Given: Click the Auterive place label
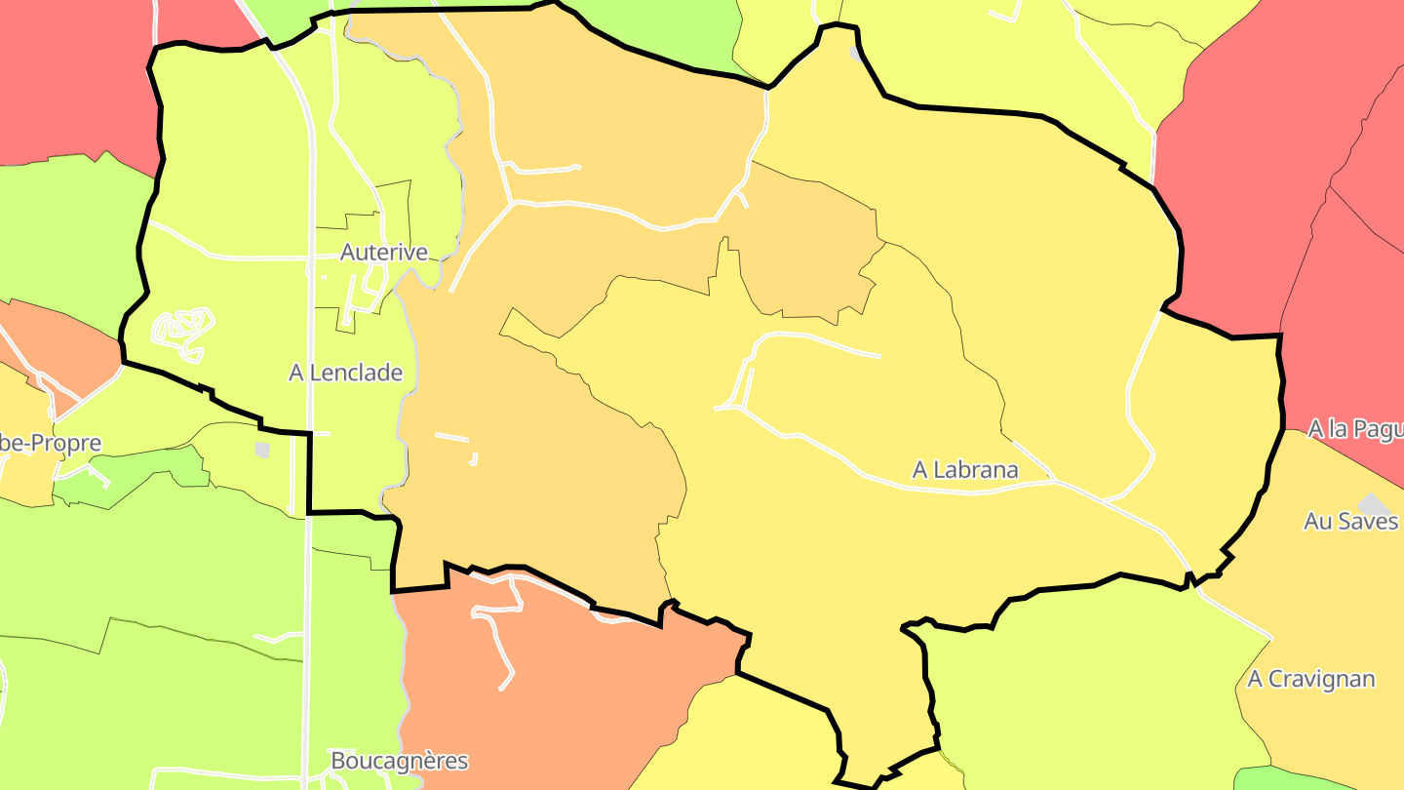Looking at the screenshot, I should tap(383, 253).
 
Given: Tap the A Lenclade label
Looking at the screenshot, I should tap(345, 373).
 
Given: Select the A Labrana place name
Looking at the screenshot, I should tap(964, 470).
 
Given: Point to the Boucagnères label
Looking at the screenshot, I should tap(399, 761).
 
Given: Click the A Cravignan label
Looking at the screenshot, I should tap(1310, 679).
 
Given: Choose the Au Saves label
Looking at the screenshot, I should tap(1350, 522).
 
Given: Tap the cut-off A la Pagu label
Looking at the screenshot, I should tap(1355, 429).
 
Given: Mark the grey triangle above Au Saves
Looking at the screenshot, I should tap(1374, 503).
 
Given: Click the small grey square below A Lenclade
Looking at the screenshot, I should tap(261, 450).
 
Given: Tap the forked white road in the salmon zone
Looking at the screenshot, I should tap(497, 624).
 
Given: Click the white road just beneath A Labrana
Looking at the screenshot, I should tap(965, 490).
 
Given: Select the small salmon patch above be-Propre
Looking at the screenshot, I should tap(58, 341).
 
